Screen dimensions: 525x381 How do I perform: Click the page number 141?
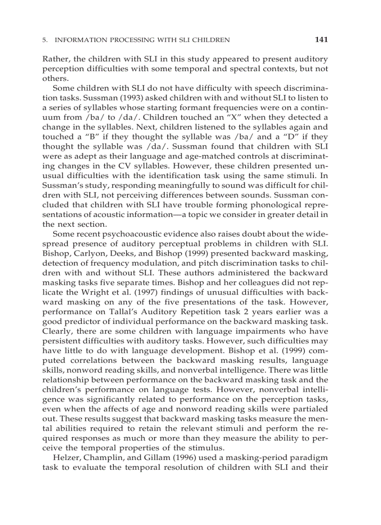321,40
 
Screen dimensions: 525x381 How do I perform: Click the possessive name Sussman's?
64,185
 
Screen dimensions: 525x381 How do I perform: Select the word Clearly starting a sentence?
56,331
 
